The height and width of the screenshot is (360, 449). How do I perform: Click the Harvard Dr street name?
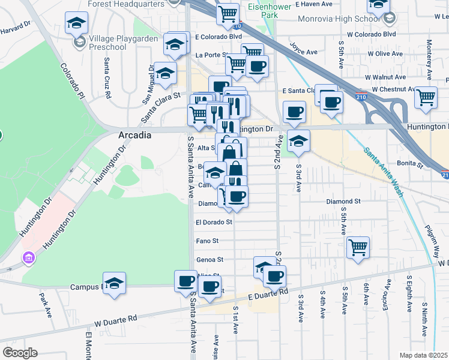click(15, 28)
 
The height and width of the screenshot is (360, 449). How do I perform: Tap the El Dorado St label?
click(214, 222)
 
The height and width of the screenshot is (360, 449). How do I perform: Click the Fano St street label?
click(207, 241)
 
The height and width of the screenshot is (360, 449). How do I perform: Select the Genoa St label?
click(209, 260)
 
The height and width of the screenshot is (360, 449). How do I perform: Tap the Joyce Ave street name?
click(303, 49)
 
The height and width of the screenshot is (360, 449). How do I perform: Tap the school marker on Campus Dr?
click(113, 284)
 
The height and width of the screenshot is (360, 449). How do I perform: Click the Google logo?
click(20, 353)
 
